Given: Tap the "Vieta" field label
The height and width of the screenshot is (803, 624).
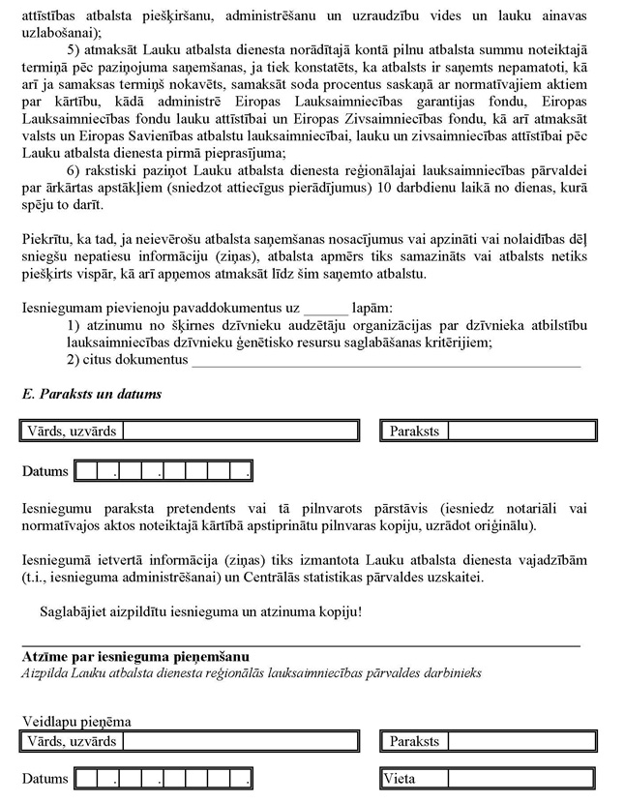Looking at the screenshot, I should [400, 779].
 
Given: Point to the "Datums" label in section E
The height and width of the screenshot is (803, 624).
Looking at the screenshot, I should [45, 471].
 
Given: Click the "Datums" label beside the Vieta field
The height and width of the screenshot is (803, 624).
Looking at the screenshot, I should [45, 779].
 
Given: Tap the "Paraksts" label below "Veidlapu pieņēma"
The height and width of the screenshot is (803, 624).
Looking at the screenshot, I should [414, 742].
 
